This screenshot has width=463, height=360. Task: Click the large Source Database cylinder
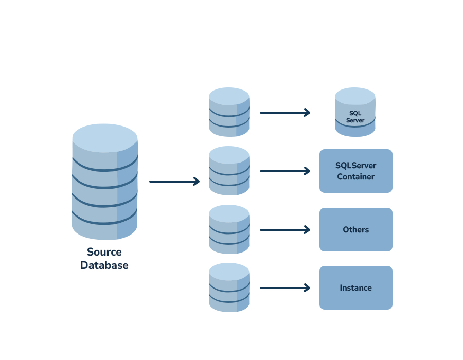104,185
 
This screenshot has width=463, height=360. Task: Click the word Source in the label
104,252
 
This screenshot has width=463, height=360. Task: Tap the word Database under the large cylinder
104,265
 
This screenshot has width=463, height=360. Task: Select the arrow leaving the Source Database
174,182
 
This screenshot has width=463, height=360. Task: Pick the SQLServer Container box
355,171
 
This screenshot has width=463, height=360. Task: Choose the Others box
355,230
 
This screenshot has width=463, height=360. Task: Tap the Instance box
355,288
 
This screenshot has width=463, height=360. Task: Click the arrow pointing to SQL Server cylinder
284,112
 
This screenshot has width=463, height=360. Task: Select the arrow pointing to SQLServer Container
284,171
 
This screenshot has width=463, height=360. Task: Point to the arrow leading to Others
284,230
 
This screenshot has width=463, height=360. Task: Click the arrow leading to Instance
284,288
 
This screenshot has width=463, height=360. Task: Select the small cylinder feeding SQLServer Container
229,171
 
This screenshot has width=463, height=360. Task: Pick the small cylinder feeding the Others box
229,229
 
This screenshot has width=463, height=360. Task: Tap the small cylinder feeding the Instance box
229,288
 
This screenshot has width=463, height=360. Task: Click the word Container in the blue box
355,177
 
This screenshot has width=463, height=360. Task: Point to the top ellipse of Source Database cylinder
104,138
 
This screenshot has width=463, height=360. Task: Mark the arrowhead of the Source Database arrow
196,182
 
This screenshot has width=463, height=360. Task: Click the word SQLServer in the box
355,166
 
